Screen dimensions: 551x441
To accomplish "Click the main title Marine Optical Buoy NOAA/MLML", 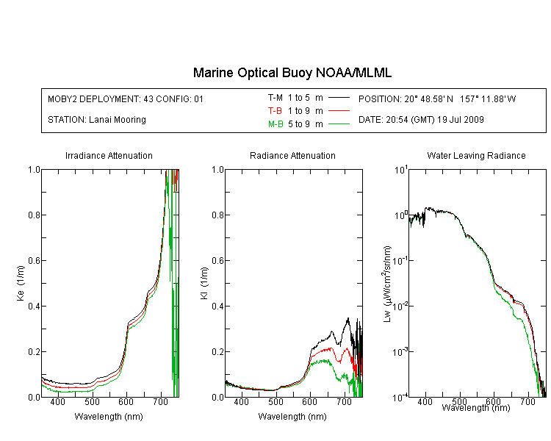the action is (292, 73).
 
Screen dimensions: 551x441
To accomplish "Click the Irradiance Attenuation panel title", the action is (109, 155).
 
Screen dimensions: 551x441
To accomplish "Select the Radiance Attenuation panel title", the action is (292, 155).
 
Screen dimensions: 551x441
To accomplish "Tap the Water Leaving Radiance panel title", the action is (477, 155).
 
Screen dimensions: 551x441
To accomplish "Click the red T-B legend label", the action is (275, 111).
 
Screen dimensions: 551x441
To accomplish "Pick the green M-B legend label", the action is (275, 124).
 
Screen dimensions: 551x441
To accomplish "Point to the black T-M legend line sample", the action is (339, 98).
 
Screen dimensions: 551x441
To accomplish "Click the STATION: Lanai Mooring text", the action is (97, 120).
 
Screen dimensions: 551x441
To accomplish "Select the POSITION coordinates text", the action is (437, 98).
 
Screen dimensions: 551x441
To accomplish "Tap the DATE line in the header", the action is (421, 120).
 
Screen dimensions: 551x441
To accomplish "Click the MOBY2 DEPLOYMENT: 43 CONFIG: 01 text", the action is (126, 98).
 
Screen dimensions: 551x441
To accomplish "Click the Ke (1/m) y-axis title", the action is (21, 283).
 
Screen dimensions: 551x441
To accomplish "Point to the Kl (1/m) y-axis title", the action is (204, 283).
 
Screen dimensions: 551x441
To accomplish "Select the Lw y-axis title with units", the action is (386, 284).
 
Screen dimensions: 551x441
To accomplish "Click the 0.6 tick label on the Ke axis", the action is (34, 261).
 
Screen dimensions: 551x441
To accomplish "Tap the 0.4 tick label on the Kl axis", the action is (218, 306).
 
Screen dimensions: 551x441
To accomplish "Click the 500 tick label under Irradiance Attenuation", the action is (92, 402).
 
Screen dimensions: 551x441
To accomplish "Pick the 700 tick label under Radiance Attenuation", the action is (345, 402).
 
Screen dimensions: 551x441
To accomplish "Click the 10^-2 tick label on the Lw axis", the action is (400, 306).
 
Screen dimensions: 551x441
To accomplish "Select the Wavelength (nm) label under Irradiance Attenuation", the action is (109, 417).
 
